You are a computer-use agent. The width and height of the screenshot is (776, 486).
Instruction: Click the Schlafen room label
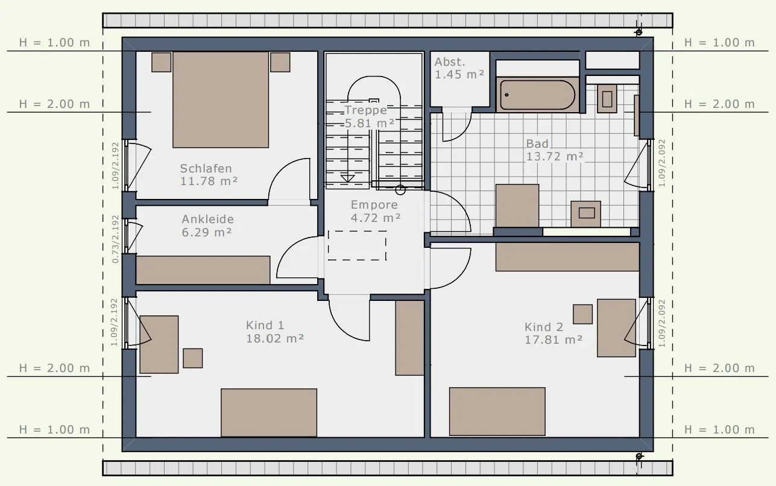[206, 168]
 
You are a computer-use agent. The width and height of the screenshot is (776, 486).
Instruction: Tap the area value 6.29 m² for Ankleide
[207, 232]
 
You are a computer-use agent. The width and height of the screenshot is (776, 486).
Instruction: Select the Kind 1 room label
[265, 325]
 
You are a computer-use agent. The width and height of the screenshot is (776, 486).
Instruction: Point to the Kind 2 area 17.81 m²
[554, 339]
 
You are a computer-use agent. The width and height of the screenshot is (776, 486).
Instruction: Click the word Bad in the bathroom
[537, 144]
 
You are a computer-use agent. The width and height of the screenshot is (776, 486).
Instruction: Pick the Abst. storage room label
[450, 62]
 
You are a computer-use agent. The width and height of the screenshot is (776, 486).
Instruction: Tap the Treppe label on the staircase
[366, 110]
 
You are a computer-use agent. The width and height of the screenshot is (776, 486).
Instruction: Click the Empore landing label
[374, 205]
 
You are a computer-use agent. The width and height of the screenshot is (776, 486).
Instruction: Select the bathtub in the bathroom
[537, 95]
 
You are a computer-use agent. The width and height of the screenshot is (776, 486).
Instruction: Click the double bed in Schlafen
[221, 99]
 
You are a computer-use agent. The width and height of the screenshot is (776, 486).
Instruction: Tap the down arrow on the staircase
[347, 178]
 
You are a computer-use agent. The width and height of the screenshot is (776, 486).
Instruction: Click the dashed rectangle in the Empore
[357, 245]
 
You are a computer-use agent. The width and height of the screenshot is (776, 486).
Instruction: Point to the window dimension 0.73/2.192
[115, 239]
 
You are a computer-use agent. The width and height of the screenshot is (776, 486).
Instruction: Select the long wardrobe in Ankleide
[203, 270]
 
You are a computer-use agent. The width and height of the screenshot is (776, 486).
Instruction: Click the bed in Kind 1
[269, 412]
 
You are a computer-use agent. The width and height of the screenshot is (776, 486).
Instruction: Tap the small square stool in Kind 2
[582, 314]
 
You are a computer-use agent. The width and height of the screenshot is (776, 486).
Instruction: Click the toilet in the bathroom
[607, 99]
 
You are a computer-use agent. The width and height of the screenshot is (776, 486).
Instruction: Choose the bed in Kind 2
[497, 411]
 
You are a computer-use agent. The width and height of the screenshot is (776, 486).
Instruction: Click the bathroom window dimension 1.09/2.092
[662, 163]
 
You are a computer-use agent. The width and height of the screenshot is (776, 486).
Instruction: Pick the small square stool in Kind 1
[192, 358]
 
